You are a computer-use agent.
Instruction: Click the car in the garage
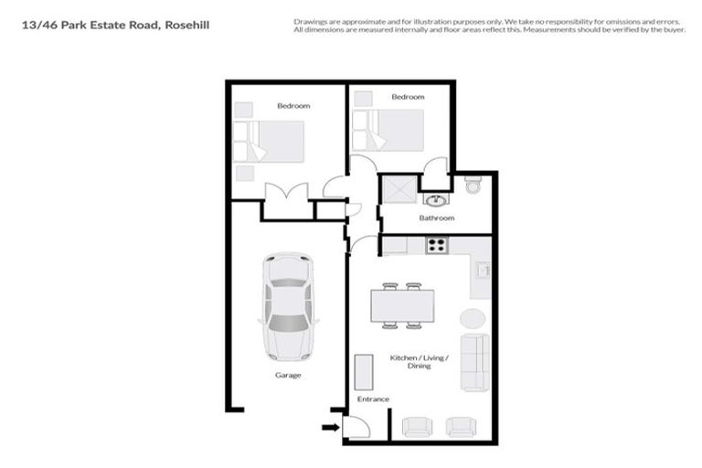pyautogui.click(x=288, y=306)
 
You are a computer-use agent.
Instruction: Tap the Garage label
pyautogui.click(x=288, y=375)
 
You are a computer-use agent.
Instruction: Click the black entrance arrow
pyautogui.click(x=326, y=425)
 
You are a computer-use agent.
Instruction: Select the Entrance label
pyautogui.click(x=373, y=399)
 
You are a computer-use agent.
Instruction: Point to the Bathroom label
pyautogui.click(x=437, y=218)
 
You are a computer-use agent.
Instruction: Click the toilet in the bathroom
pyautogui.click(x=472, y=186)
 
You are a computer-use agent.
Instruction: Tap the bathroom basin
pyautogui.click(x=436, y=200)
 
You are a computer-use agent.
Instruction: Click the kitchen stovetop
pyautogui.click(x=436, y=245)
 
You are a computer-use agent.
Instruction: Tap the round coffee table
pyautogui.click(x=472, y=319)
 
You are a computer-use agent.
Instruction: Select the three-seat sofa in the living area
pyautogui.click(x=473, y=360)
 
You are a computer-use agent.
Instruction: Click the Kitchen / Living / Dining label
pyautogui.click(x=419, y=361)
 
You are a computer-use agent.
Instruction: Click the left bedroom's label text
pyautogui.click(x=293, y=106)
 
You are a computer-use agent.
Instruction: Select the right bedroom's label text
pyautogui.click(x=408, y=97)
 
